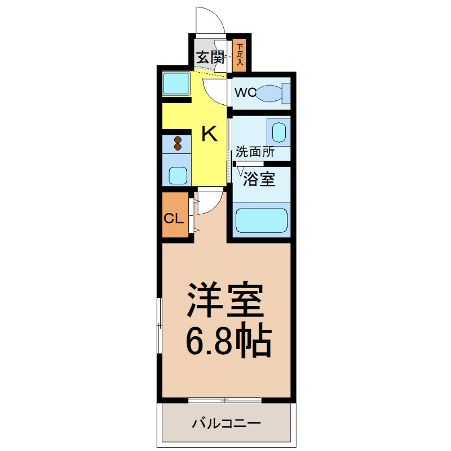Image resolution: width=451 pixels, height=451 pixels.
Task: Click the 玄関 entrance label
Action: (x=210, y=57)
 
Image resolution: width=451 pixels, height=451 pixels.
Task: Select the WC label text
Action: (x=245, y=92)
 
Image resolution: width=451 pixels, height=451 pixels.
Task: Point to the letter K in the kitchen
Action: (x=209, y=134)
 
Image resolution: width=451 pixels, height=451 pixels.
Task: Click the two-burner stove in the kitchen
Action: (x=178, y=144)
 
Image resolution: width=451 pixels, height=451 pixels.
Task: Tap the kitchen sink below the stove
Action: (x=178, y=175)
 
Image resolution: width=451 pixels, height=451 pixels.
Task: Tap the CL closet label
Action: (x=173, y=218)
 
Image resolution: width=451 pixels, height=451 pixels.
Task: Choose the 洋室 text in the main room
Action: (x=225, y=302)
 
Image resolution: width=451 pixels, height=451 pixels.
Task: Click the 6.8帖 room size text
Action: (x=228, y=339)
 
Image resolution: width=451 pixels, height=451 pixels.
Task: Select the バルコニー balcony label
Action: (x=225, y=422)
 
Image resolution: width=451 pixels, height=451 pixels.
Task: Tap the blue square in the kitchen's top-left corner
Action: (x=176, y=85)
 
